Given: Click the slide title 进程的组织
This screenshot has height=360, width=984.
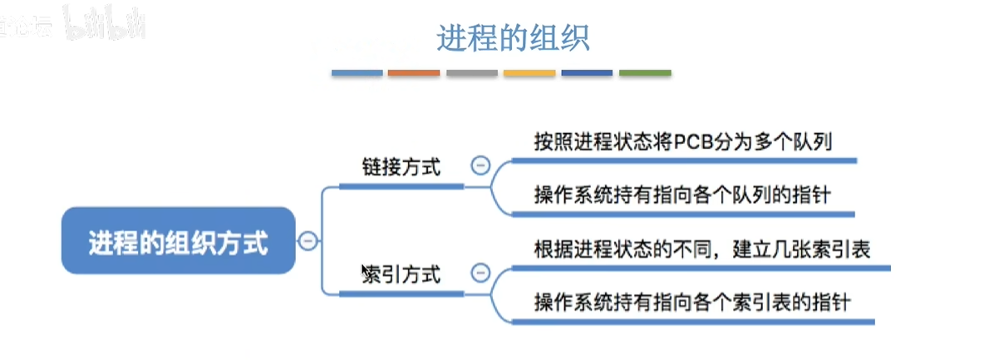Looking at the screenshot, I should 513,38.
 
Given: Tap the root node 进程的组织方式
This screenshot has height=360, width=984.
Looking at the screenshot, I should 178,243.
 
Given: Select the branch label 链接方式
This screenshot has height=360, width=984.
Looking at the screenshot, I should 402,166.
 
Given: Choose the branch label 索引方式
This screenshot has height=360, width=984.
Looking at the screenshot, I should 402,274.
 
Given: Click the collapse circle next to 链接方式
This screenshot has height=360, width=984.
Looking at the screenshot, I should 480,165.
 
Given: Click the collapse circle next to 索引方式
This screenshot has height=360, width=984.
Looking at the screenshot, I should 480,273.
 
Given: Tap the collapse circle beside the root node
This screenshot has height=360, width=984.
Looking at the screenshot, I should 307,242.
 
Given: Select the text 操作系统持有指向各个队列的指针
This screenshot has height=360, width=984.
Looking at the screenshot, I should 682,196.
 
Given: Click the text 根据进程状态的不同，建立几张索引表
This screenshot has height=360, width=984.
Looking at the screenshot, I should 702,249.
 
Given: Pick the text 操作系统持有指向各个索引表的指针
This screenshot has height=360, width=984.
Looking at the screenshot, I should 692,303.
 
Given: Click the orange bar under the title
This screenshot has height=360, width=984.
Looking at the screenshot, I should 414,73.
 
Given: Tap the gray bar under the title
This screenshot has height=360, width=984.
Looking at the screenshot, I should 471,73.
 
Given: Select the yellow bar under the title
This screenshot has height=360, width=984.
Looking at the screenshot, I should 529,73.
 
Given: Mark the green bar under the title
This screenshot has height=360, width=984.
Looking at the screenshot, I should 645,73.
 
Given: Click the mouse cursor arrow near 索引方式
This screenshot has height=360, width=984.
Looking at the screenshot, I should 365,271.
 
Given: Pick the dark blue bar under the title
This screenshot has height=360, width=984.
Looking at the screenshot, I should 587,73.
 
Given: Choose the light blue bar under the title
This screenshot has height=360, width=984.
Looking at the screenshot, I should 357,73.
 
